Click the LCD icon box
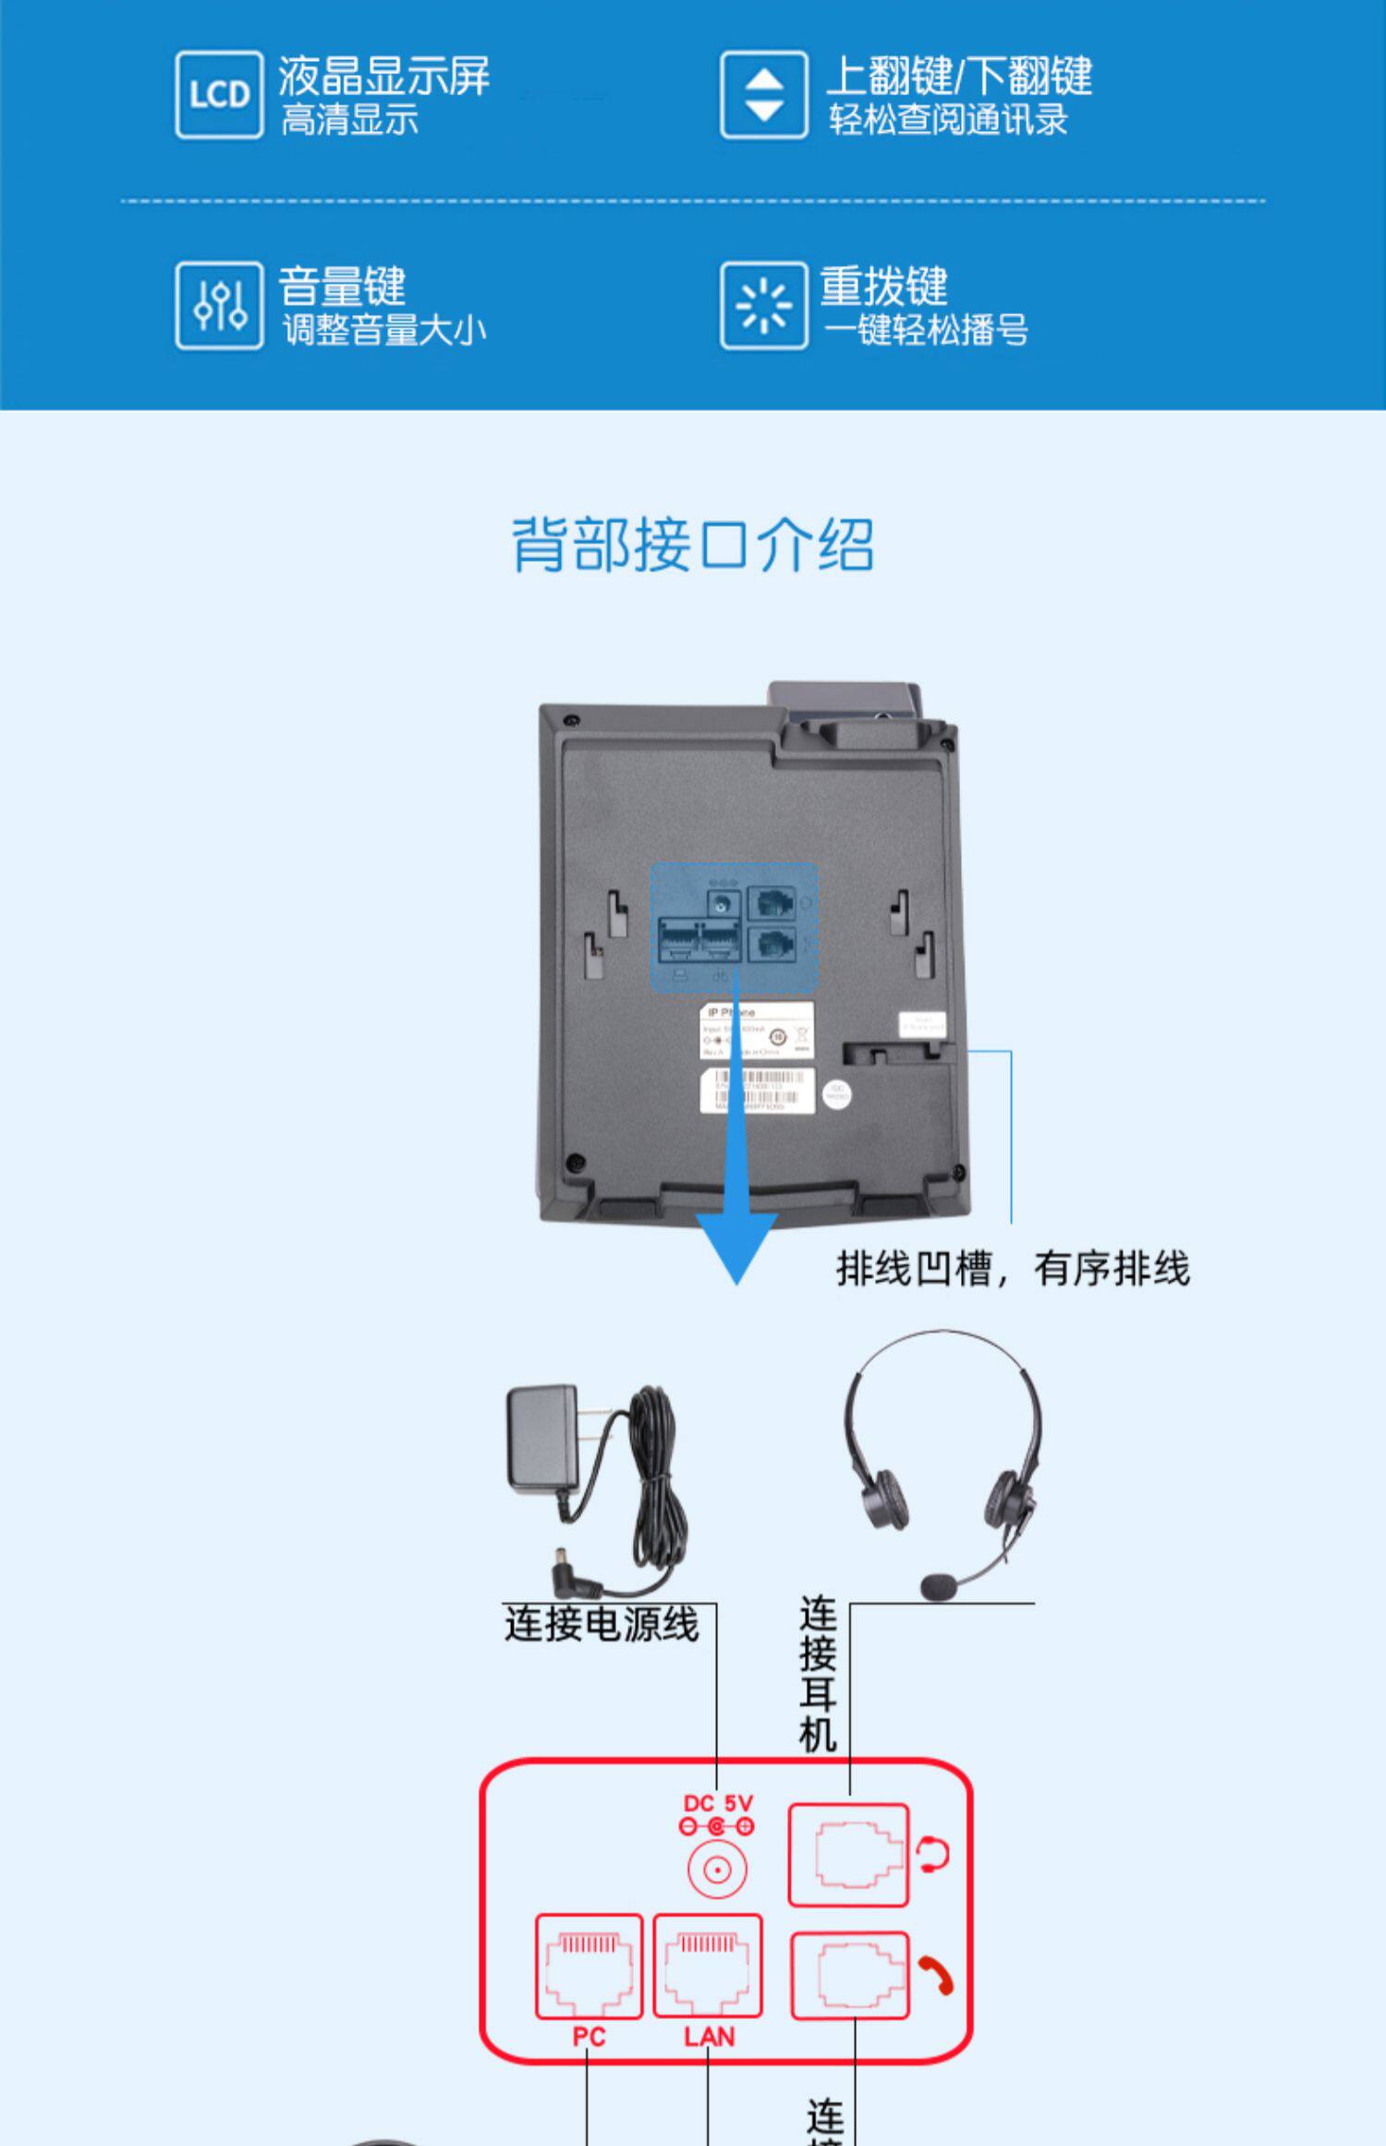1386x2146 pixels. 219,95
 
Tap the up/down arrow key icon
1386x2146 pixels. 763,95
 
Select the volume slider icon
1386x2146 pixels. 219,306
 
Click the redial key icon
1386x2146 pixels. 763,306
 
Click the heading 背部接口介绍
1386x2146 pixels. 692,545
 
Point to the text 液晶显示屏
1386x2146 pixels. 383,76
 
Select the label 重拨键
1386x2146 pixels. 883,286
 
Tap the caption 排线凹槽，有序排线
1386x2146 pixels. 1013,1268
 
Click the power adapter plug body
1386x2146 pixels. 542,1437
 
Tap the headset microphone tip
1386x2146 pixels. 939,1588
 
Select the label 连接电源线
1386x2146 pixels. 602,1624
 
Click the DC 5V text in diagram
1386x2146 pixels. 718,1803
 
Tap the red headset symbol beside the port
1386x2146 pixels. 933,1854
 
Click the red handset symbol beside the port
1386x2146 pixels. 935,1976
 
